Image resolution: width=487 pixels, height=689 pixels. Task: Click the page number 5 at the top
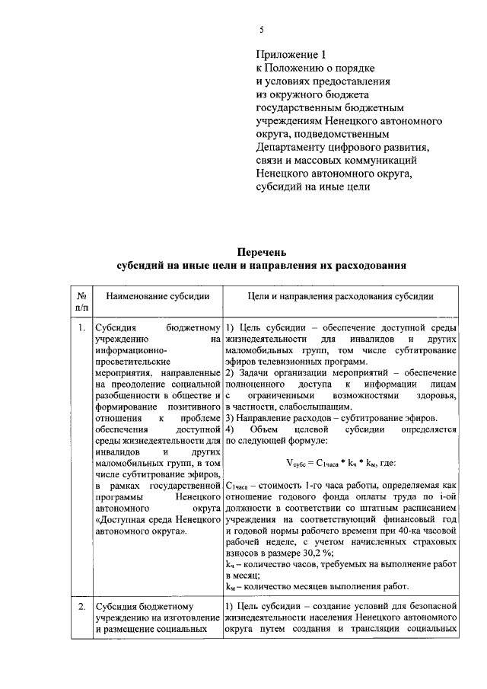coord(261,30)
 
